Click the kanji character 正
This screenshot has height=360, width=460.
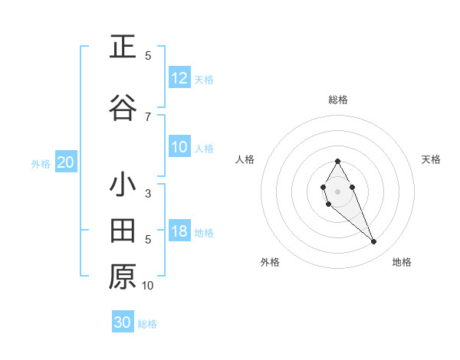pyautogui.click(x=123, y=47)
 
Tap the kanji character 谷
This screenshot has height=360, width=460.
pyautogui.click(x=123, y=109)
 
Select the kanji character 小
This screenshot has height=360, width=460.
pyautogui.click(x=123, y=186)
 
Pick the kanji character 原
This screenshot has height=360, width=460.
pyautogui.click(x=123, y=276)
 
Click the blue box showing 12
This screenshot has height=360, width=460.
pyautogui.click(x=179, y=78)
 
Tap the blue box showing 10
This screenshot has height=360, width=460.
pyautogui.click(x=179, y=148)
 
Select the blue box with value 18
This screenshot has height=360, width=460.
pyautogui.click(x=179, y=232)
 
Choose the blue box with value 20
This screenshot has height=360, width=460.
pyautogui.click(x=66, y=162)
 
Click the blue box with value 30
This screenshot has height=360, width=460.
pyautogui.click(x=123, y=322)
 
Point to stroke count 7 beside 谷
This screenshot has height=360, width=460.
pyautogui.click(x=148, y=116)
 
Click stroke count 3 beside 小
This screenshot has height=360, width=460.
pyautogui.click(x=148, y=194)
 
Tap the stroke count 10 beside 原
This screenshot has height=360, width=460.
pyautogui.click(x=148, y=286)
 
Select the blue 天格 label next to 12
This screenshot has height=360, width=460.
pyautogui.click(x=204, y=79)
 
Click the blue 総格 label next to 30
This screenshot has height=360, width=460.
pyautogui.click(x=147, y=324)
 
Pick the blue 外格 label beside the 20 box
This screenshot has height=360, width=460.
pyautogui.click(x=41, y=163)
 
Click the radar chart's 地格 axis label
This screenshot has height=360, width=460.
pyautogui.click(x=402, y=262)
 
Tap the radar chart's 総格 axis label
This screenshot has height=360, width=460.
pyautogui.click(x=338, y=100)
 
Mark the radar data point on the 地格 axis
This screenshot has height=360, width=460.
pyautogui.click(x=373, y=242)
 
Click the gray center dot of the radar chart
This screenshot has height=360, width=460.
pyautogui.click(x=337, y=190)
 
